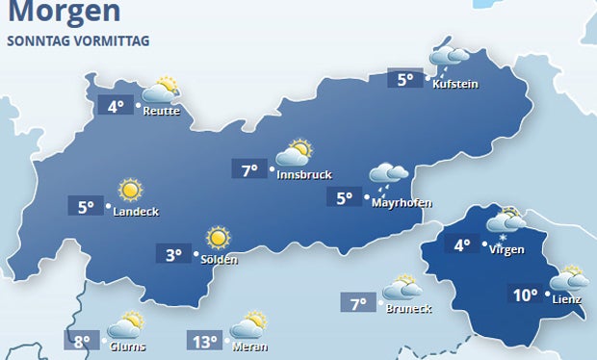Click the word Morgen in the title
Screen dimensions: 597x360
pyautogui.click(x=64, y=13)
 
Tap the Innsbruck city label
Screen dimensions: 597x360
pyautogui.click(x=303, y=175)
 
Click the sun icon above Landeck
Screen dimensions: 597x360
pyautogui.click(x=128, y=190)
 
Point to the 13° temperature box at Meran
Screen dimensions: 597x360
pyautogui.click(x=205, y=341)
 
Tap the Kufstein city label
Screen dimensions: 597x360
pyautogui.click(x=455, y=85)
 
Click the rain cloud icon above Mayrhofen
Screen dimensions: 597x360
pyautogui.click(x=390, y=174)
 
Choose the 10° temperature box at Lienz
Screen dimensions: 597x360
pyautogui.click(x=525, y=296)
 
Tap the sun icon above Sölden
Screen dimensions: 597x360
pyautogui.click(x=218, y=236)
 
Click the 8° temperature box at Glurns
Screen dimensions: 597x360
pyautogui.click(x=82, y=341)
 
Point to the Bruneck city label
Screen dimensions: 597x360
pyautogui.click(x=408, y=308)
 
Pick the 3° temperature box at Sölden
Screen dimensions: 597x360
pyautogui.click(x=173, y=255)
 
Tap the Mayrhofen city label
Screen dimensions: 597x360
pyautogui.click(x=402, y=203)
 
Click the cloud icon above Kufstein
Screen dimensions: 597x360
pyautogui.click(x=448, y=56)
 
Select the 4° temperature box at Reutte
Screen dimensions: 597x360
pyautogui.click(x=117, y=106)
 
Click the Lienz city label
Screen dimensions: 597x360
pyautogui.click(x=568, y=299)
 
